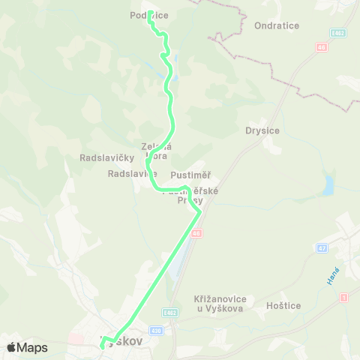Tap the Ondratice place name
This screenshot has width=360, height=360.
click(x=277, y=25)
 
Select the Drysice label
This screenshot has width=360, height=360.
click(x=262, y=130)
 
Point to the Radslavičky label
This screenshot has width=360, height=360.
click(x=106, y=157)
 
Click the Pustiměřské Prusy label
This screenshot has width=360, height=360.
click(x=191, y=196)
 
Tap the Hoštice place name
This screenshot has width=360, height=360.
click(x=283, y=306)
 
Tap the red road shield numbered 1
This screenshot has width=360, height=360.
click(x=344, y=298)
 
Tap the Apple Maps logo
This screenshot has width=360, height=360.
click(x=27, y=347)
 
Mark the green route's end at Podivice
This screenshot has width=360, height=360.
click(x=150, y=13)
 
